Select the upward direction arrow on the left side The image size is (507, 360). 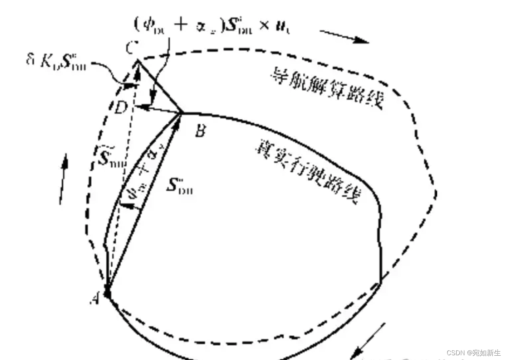click(64, 178)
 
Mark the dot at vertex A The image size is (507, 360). click(108, 294)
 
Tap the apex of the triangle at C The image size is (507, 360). click(138, 61)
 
